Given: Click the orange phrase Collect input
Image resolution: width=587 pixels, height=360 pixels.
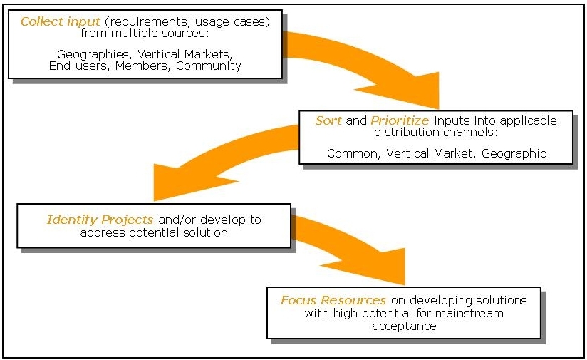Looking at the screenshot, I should click(x=51, y=21).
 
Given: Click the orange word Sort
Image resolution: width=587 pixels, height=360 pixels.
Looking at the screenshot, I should click(x=328, y=121).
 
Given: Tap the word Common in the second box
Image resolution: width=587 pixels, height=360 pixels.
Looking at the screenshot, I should click(x=353, y=153).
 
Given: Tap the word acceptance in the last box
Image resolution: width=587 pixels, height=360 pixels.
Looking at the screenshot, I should click(x=403, y=326).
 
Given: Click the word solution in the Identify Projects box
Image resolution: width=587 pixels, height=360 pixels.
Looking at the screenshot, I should click(x=206, y=232).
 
